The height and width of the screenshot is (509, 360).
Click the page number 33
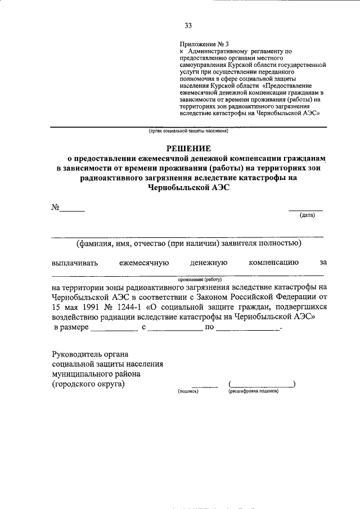(x=188, y=25)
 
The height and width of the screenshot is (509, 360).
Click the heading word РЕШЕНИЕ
(x=188, y=148)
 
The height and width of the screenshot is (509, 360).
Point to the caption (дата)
(x=307, y=215)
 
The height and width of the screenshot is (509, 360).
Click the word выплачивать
(x=75, y=262)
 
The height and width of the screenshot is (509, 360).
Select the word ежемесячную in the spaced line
(x=144, y=262)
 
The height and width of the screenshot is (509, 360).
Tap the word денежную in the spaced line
(x=208, y=262)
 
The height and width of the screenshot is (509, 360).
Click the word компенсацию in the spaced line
(x=273, y=262)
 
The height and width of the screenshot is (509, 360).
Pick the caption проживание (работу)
(x=200, y=279)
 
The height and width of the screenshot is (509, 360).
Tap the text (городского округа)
(x=88, y=384)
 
